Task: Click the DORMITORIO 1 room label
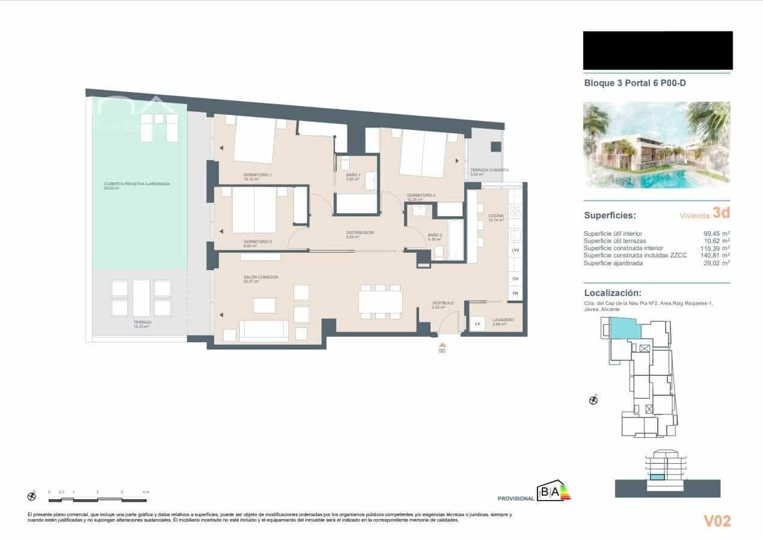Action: pyautogui.click(x=257, y=174)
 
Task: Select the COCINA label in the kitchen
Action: pyautogui.click(x=495, y=215)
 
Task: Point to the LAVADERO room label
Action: pyautogui.click(x=503, y=320)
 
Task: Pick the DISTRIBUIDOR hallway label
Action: pyautogui.click(x=360, y=232)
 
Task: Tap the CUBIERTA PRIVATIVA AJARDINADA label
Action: pyautogui.click(x=136, y=183)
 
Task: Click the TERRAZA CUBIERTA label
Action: pyautogui.click(x=489, y=170)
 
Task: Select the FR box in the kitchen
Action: pyautogui.click(x=515, y=294)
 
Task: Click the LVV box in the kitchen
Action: pyautogui.click(x=515, y=250)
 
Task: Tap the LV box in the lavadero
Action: pyautogui.click(x=478, y=324)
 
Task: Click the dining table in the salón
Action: pyautogui.click(x=380, y=301)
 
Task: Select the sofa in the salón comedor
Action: pyautogui.click(x=263, y=330)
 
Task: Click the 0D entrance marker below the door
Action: pyautogui.click(x=442, y=350)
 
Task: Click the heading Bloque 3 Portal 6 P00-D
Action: pyautogui.click(x=635, y=84)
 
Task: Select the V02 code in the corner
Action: pyautogui.click(x=717, y=520)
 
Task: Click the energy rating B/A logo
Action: pyautogui.click(x=554, y=493)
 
